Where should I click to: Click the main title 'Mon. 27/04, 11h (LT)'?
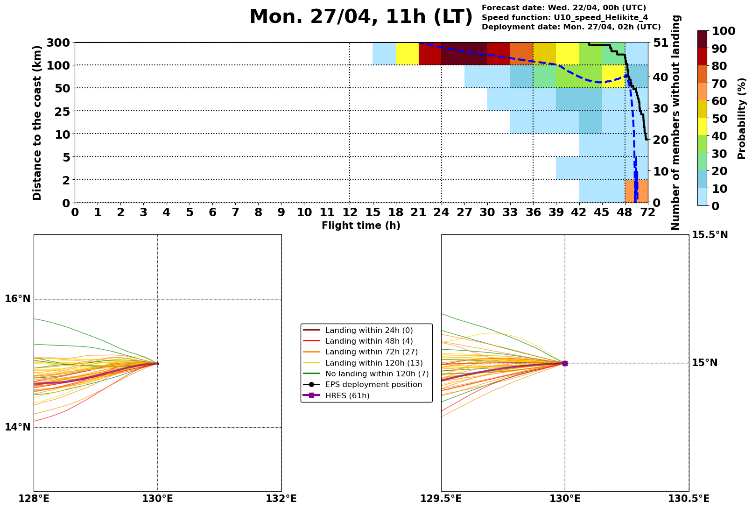(361, 17)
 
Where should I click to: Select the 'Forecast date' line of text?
(564, 8)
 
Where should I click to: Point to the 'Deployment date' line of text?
(571, 27)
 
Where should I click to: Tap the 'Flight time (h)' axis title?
(361, 226)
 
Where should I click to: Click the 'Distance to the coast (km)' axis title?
(37, 122)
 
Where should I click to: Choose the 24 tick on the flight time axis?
(441, 212)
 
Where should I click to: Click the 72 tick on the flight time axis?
(648, 212)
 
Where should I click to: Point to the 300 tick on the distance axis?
(59, 43)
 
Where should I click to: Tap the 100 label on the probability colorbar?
(724, 31)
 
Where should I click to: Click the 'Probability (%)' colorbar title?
(742, 119)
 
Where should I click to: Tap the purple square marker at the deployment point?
(565, 363)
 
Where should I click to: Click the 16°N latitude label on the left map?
(18, 299)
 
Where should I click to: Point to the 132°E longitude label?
(281, 499)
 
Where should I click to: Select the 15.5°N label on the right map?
(710, 235)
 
